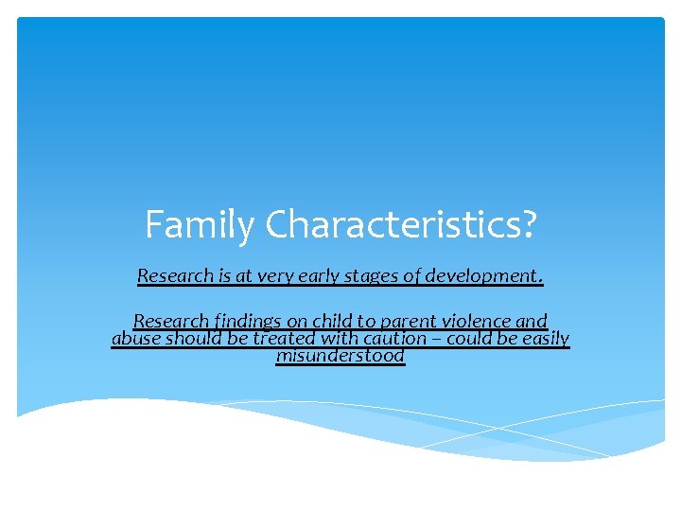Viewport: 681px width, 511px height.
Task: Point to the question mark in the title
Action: coord(526,225)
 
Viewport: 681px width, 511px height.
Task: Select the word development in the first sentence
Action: coord(484,276)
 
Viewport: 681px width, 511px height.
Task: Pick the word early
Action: coord(317,276)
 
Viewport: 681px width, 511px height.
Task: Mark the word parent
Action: coord(403,322)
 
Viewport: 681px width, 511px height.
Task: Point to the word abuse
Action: coord(135,339)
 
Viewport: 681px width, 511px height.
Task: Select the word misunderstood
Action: coord(340,356)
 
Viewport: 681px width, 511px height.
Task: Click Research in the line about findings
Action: coord(171,322)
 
